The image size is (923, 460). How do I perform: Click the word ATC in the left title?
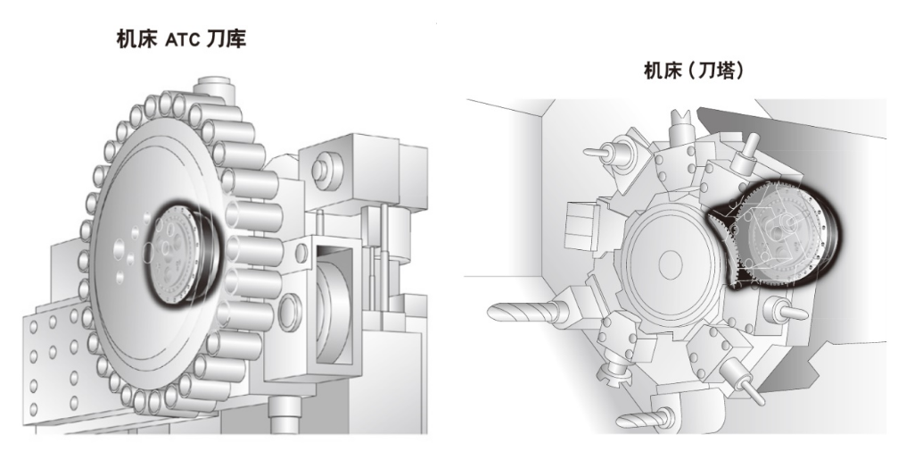183,40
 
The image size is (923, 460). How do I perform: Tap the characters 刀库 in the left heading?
226,39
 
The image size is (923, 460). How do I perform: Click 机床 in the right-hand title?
663,71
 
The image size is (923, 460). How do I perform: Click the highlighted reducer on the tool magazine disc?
183,254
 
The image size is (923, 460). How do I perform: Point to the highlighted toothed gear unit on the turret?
777,236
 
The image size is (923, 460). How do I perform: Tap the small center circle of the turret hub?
670,264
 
